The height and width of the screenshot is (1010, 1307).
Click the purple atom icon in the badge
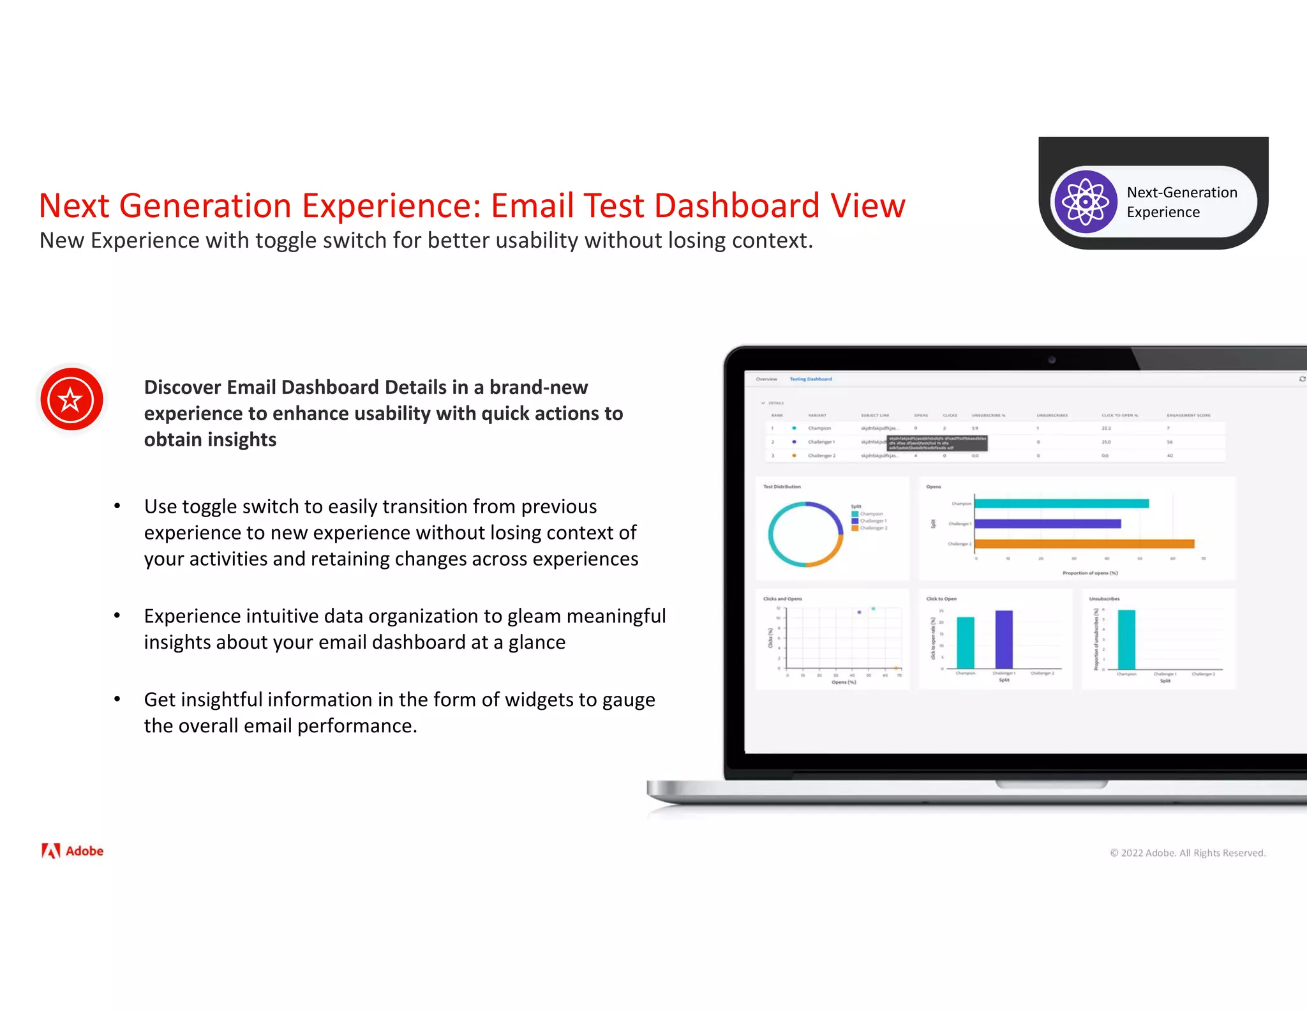[1085, 202]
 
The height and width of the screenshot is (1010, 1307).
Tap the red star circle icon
[71, 400]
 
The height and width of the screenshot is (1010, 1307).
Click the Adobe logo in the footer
[73, 851]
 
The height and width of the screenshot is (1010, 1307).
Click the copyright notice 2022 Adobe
[1187, 853]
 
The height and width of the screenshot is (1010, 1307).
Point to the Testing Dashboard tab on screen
[810, 379]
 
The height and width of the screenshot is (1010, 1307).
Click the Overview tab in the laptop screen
[766, 379]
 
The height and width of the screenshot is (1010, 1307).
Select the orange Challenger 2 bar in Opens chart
[1084, 544]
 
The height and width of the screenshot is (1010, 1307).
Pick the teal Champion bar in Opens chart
[1061, 504]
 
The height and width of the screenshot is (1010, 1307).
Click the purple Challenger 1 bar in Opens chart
[1047, 524]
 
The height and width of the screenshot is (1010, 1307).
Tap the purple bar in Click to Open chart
[1004, 640]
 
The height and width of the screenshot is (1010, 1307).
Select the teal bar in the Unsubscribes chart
[1126, 640]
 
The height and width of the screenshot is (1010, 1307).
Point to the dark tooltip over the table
[937, 443]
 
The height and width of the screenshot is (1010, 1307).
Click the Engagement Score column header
[1188, 416]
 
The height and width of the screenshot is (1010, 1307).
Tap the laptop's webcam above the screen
[1052, 360]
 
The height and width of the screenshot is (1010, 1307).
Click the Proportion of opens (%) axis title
[1089, 573]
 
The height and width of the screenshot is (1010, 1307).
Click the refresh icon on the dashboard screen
[1302, 379]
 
